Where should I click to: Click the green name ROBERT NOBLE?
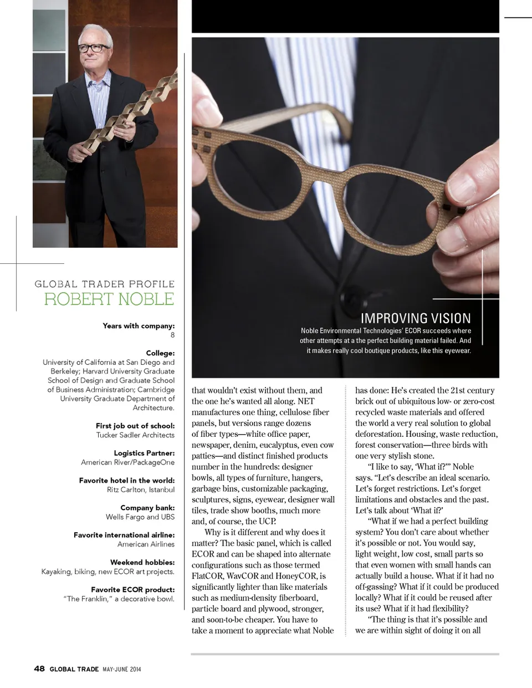coord(109,299)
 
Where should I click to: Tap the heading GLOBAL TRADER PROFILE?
coord(105,284)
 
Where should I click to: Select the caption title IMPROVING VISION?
coord(416,318)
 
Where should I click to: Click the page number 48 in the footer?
coord(39,669)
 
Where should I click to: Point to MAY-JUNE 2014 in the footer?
coord(122,669)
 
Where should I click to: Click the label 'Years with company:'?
coord(139,326)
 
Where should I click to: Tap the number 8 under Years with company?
coord(172,335)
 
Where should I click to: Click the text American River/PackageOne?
coord(128,462)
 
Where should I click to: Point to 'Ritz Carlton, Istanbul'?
coord(141,490)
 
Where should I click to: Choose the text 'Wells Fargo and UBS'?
coord(140,517)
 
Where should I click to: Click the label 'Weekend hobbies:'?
coord(142,562)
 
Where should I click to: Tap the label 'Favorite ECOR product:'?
coord(133,589)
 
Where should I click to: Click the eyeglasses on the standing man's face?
coord(94,48)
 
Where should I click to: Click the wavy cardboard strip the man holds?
coord(139,111)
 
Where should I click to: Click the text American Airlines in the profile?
coord(146,544)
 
